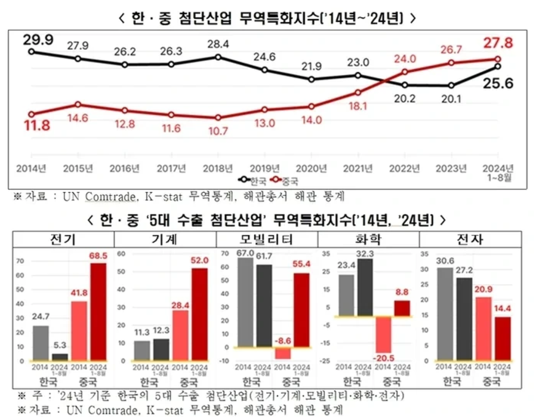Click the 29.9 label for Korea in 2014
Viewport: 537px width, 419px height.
(38, 41)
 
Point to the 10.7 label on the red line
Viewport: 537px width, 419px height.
(218, 130)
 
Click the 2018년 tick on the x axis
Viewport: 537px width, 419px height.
(218, 168)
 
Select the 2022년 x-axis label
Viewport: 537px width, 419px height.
(405, 168)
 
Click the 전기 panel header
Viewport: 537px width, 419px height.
(63, 239)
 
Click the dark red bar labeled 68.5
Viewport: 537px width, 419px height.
(98, 311)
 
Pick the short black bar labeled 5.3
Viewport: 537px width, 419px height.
(60, 356)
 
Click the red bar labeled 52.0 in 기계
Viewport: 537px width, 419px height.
(199, 314)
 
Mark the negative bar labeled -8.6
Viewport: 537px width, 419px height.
(282, 353)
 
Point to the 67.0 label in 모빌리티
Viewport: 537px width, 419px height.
(245, 253)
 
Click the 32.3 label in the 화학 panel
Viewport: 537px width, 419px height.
(365, 253)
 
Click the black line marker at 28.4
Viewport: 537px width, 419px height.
(218, 57)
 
